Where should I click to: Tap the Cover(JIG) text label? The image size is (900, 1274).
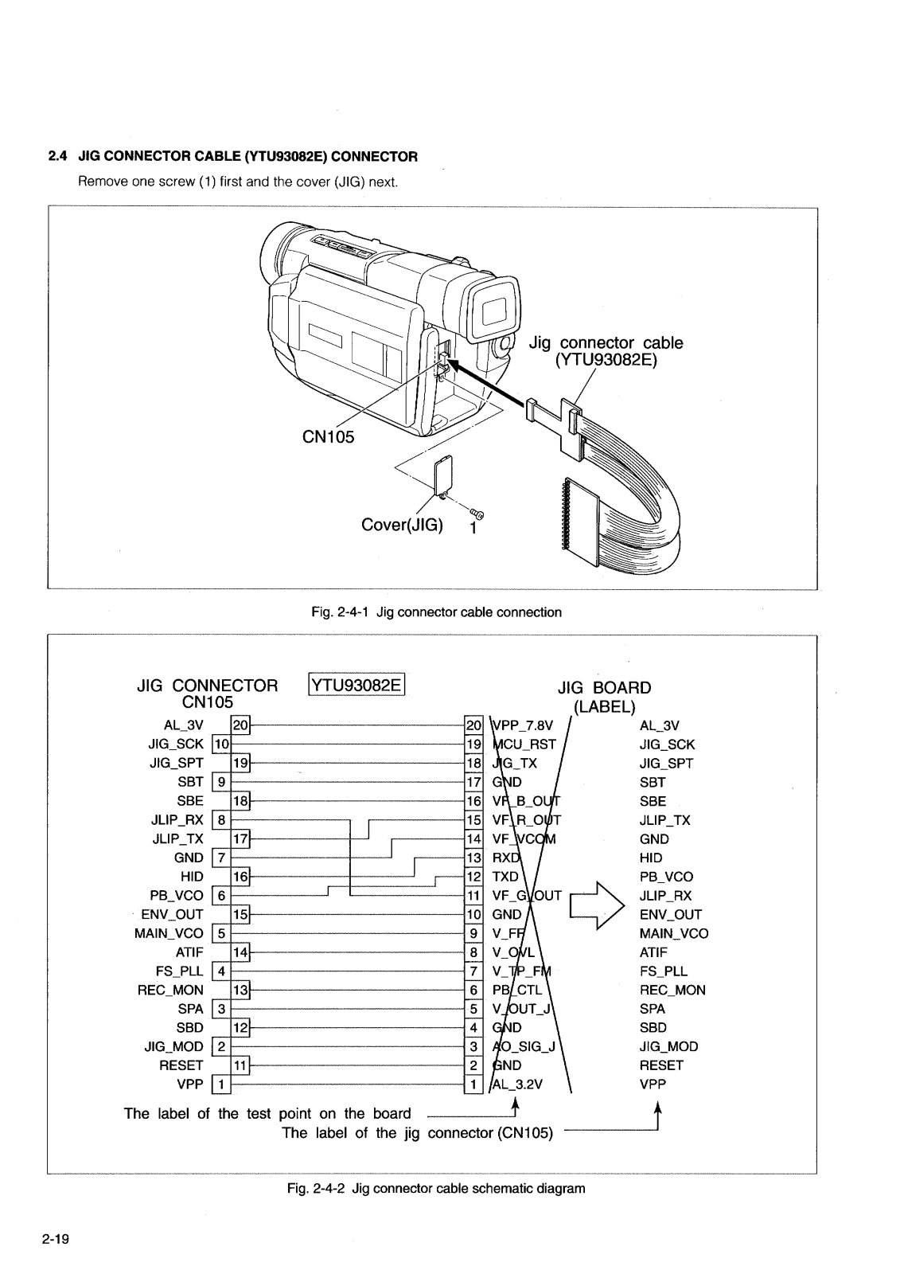(x=403, y=526)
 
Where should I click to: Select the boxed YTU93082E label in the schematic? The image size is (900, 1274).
(x=356, y=686)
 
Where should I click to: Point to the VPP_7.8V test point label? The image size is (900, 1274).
(x=522, y=725)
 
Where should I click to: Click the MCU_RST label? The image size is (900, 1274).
(x=525, y=744)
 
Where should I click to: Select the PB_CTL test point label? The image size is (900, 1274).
(x=517, y=990)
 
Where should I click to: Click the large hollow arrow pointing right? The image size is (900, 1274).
(x=594, y=905)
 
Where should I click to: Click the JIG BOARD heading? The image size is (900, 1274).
(x=604, y=688)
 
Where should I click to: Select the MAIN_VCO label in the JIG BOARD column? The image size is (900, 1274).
(x=673, y=933)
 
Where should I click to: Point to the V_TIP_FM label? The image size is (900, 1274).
(x=522, y=971)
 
